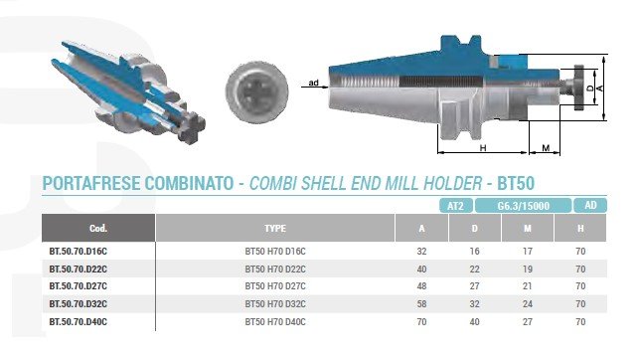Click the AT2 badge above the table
point(456,206)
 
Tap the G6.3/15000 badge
point(524,206)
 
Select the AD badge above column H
point(590,205)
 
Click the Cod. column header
point(98,228)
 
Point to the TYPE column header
point(275,228)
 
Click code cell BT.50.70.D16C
point(79,252)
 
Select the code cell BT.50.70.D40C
point(79,322)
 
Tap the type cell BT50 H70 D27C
point(275,286)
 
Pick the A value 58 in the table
point(421,304)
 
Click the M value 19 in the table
point(528,270)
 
